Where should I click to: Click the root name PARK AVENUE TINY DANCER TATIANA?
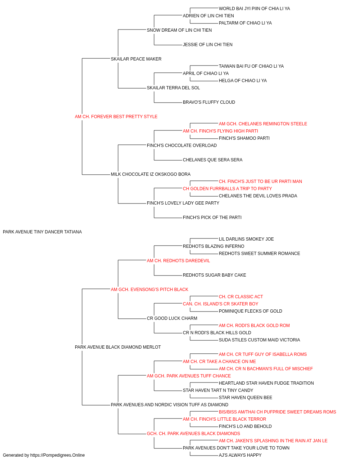tap(42, 232)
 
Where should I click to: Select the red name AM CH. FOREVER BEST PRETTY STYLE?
tap(116, 117)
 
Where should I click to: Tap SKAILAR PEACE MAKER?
tap(136, 59)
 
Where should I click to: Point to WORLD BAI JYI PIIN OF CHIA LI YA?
tap(254, 9)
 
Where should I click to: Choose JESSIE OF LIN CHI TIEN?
tap(208, 45)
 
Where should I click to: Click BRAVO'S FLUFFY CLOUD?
tap(209, 102)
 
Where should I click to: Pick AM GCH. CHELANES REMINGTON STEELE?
tap(263, 124)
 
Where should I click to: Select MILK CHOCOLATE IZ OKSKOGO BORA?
tap(150, 174)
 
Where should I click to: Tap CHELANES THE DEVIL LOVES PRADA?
tap(258, 196)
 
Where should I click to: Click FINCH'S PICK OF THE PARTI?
tap(212, 218)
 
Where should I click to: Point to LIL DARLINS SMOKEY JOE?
tap(246, 239)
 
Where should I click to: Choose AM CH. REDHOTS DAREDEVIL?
tap(178, 261)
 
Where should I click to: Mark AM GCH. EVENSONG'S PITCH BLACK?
tap(149, 290)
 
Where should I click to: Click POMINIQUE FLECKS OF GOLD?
tap(251, 311)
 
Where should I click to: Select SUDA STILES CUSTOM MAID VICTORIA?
tap(259, 340)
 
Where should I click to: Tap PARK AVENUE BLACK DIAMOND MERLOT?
tap(118, 347)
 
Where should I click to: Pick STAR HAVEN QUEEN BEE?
tap(245, 398)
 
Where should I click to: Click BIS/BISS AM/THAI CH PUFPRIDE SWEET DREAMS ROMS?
tap(277, 412)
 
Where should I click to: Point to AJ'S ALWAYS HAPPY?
tap(240, 455)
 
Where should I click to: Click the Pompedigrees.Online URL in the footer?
tap(58, 455)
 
